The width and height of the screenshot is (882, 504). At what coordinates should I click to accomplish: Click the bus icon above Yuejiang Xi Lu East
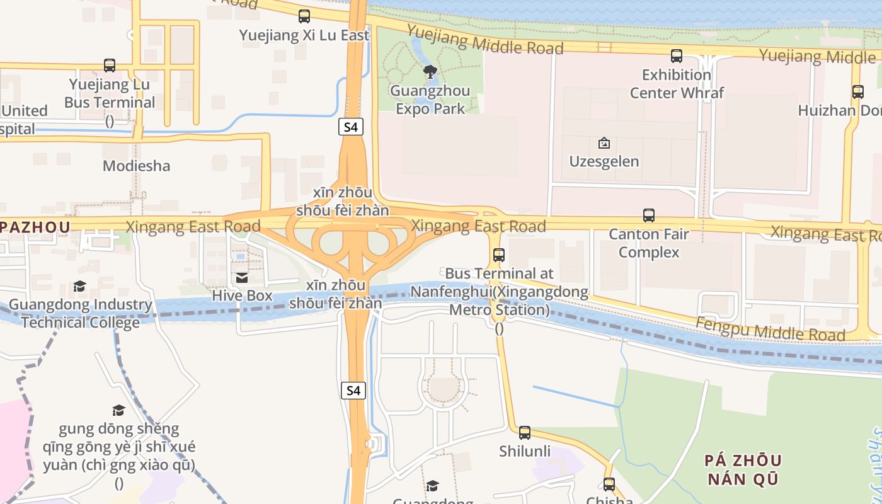click(304, 16)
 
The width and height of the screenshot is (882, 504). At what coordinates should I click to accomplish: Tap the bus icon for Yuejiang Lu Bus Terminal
click(110, 66)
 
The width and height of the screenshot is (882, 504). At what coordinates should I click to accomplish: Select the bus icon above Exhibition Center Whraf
click(677, 56)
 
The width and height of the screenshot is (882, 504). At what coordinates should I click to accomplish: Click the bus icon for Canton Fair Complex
click(649, 215)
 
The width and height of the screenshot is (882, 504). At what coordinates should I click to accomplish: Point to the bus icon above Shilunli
click(525, 433)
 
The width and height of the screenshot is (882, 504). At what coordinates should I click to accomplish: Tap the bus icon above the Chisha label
click(609, 484)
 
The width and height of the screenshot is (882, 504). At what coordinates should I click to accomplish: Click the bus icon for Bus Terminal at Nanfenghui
click(499, 255)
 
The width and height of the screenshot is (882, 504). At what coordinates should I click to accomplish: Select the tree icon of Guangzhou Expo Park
click(430, 72)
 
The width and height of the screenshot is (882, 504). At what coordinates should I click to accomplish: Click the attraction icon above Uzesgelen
click(604, 143)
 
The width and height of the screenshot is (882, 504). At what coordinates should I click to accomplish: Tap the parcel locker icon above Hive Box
click(242, 278)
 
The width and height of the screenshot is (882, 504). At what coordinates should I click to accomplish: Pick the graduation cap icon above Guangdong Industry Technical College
click(79, 287)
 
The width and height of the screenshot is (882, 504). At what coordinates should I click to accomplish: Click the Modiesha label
click(137, 166)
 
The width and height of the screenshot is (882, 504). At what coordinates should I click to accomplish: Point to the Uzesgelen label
click(604, 161)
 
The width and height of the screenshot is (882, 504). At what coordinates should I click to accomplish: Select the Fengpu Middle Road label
click(770, 328)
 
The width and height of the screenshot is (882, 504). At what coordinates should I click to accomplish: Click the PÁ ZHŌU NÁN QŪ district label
click(743, 469)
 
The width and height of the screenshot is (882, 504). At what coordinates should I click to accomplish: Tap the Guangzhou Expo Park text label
click(430, 100)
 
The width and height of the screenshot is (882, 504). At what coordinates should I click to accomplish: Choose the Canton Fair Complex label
click(649, 243)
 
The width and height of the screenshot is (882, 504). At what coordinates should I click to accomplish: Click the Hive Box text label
click(242, 295)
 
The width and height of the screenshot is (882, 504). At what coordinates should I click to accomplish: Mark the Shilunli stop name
click(525, 451)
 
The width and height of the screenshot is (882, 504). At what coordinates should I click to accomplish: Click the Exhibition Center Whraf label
click(677, 84)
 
